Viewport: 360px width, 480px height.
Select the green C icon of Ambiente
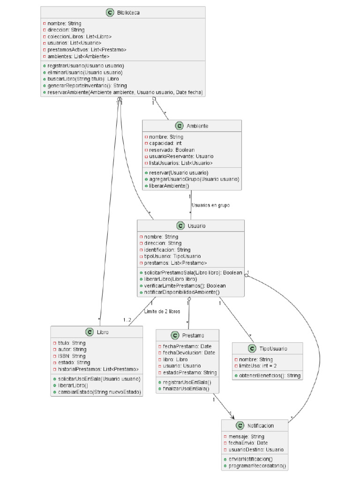click(x=179, y=126)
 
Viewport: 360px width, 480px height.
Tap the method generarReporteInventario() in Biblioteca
click(x=80, y=86)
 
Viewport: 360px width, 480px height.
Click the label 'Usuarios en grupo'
click(x=210, y=205)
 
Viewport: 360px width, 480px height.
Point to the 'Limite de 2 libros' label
click(x=163, y=311)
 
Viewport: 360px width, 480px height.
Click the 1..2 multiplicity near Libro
click(x=127, y=320)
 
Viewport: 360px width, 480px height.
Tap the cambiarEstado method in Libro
click(x=99, y=392)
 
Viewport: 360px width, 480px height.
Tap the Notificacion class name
click(x=261, y=426)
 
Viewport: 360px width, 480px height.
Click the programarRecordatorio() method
click(x=257, y=466)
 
